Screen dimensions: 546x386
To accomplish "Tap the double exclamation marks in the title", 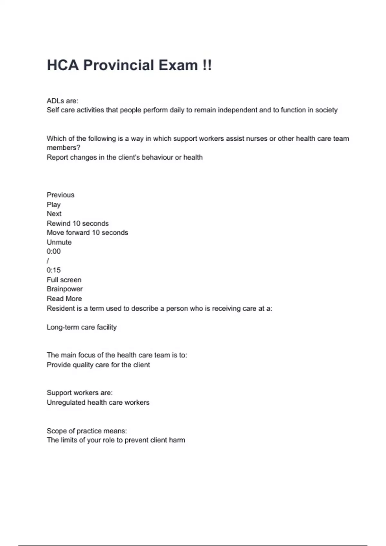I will (207, 65).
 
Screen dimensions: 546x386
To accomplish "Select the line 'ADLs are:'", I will (62, 101).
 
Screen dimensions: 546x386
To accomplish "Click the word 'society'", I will (326, 110).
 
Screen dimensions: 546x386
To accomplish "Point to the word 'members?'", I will (63, 148).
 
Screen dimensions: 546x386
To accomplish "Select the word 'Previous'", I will (60, 195).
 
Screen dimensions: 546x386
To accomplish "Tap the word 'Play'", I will (53, 205).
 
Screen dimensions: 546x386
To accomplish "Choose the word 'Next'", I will (54, 214).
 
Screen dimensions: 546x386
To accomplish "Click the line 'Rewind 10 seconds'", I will (78, 224).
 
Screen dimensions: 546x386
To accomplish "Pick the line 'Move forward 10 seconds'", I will (87, 233).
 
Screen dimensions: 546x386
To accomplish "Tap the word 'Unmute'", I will (59, 242).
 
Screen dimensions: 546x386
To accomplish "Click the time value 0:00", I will (53, 251).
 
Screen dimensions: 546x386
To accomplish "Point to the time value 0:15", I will (53, 270).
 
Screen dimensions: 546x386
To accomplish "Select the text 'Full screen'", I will (64, 280).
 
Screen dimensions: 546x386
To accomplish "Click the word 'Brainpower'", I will (65, 289).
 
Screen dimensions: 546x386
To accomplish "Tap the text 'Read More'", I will (64, 299).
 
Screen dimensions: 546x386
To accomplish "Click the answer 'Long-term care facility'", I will (82, 327).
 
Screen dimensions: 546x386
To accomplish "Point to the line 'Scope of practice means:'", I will (87, 431).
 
